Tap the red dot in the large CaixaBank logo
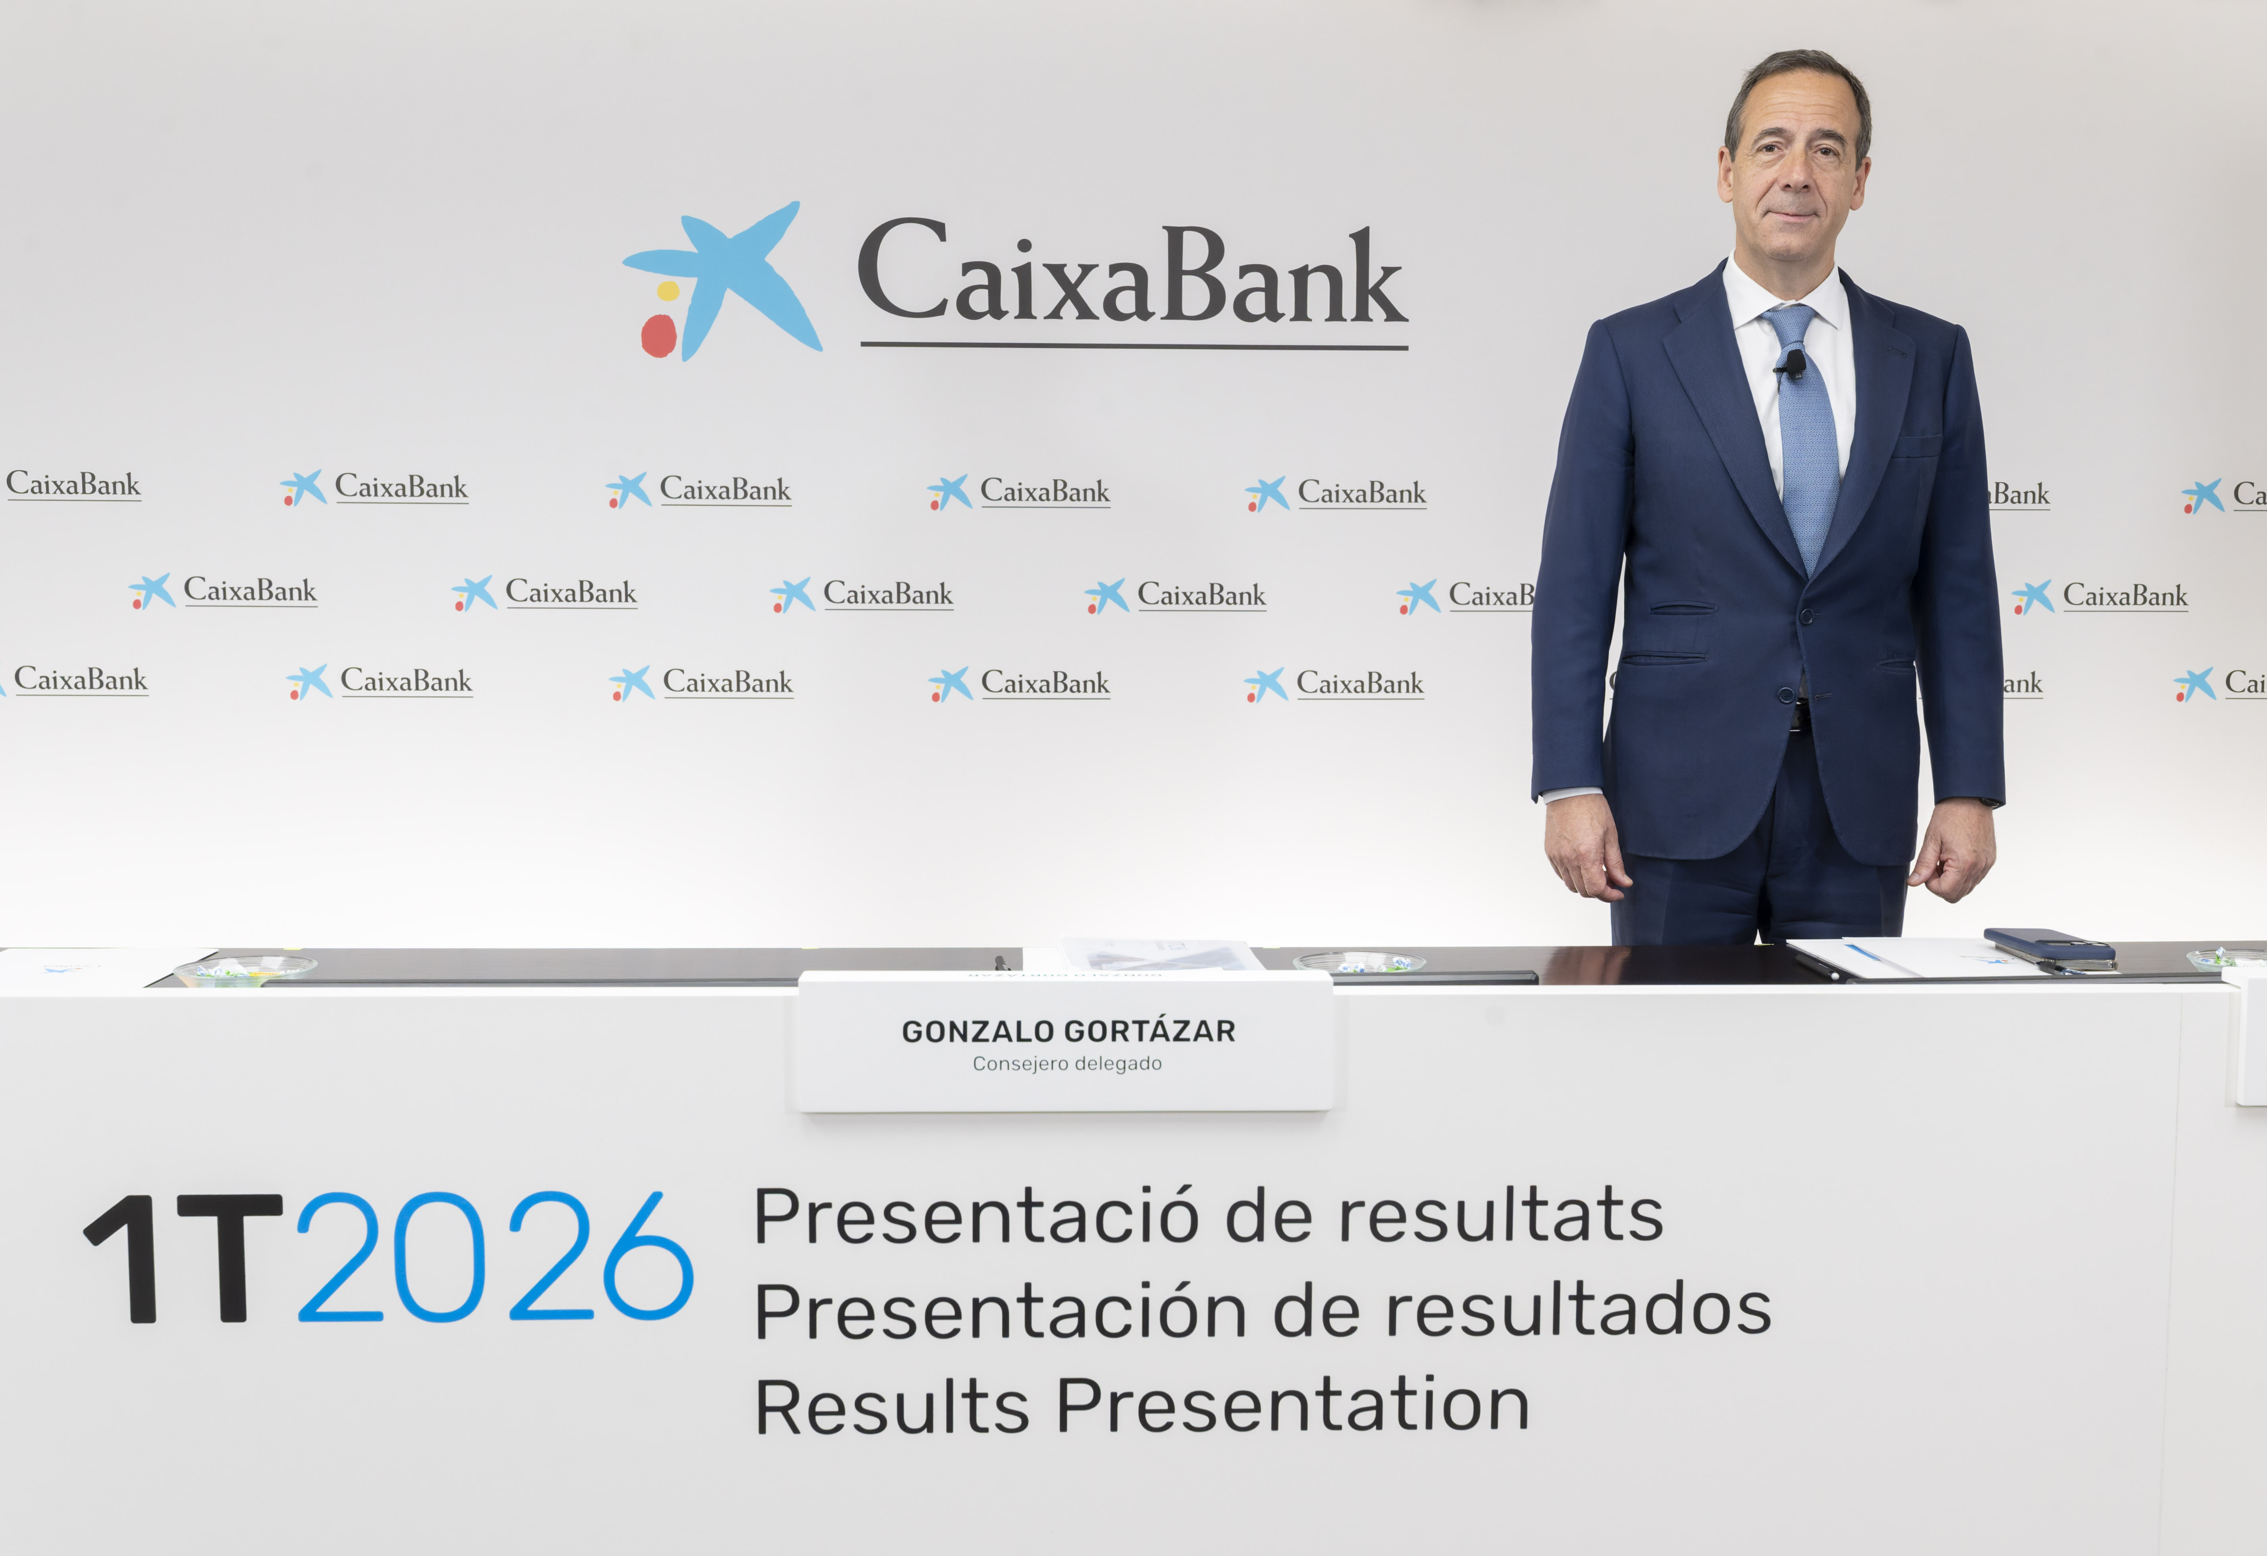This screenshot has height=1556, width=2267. click(x=658, y=335)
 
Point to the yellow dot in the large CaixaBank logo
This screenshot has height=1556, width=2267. click(x=668, y=291)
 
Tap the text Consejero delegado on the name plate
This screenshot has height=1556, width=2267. click(x=1067, y=1063)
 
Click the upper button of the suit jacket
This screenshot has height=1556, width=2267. click(x=1806, y=616)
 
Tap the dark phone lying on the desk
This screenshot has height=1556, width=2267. click(x=2049, y=944)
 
